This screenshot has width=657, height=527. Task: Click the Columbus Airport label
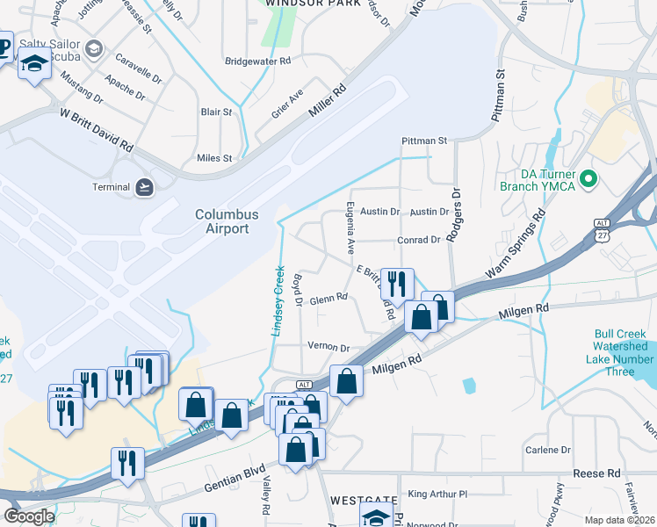tap(227, 221)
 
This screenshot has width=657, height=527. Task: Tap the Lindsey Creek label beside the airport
tap(280, 299)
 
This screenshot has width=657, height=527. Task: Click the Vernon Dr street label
tap(329, 348)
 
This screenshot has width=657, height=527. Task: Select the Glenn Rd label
tap(329, 298)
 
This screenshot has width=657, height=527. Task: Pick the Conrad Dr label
tap(418, 240)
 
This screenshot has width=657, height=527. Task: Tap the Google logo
tap(29, 516)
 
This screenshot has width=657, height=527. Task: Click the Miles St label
tap(214, 158)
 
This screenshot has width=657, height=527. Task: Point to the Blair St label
tap(216, 112)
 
